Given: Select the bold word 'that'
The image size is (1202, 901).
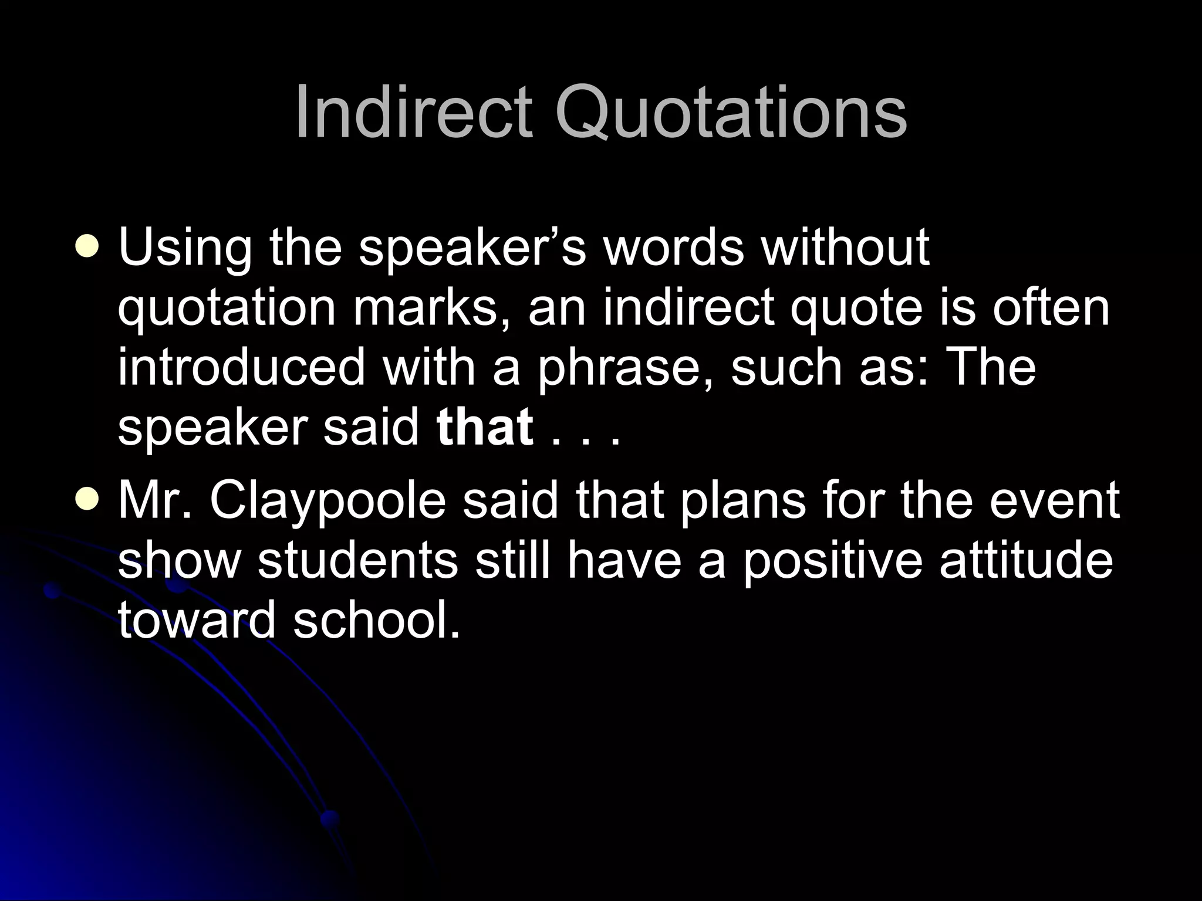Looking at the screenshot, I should point(485,426).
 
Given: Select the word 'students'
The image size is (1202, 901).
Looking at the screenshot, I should point(358,560).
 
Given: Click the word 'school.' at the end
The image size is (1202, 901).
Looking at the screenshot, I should point(376,620).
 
